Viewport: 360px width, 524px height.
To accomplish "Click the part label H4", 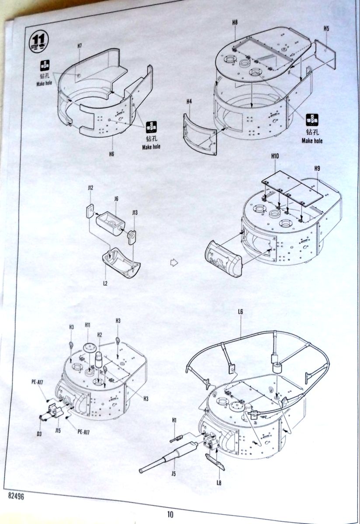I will click(189, 102).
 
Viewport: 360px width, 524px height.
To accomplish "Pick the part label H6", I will click(111, 154).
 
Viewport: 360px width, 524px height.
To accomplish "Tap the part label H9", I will click(317, 168).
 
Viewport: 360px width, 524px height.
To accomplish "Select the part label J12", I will click(90, 188).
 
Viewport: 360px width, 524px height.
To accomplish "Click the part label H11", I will click(87, 325).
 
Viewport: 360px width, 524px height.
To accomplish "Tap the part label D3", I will click(39, 433).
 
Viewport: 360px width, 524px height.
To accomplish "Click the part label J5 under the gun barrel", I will click(173, 472).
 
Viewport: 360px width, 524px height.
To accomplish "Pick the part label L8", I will click(219, 483).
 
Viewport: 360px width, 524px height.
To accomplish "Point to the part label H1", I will click(173, 420).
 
